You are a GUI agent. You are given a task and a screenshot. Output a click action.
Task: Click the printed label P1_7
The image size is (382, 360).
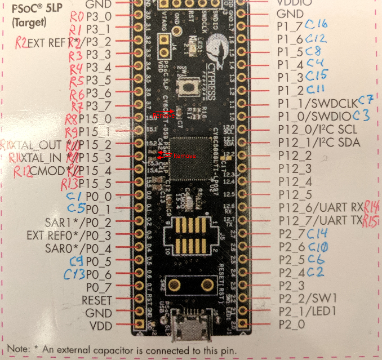290,26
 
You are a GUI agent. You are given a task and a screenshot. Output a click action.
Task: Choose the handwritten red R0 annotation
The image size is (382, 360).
77,15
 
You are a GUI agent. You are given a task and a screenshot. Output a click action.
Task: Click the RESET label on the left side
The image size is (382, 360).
97,300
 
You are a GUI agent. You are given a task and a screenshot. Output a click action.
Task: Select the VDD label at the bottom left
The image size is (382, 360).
101,326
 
